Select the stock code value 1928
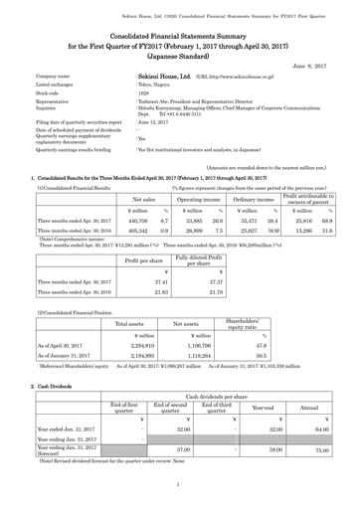(144, 93)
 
